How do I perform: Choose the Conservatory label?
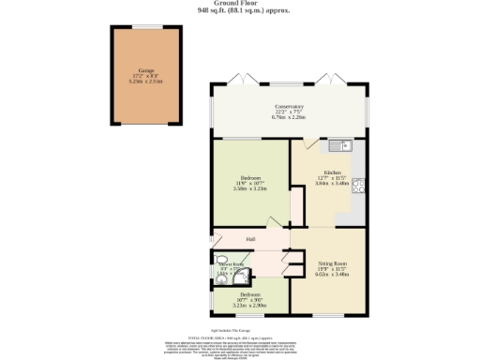pyautogui.click(x=289, y=106)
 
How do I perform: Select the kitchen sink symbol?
pyautogui.click(x=338, y=145)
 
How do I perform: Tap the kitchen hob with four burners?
pyautogui.click(x=357, y=185)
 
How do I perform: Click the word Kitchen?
pyautogui.click(x=331, y=173)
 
